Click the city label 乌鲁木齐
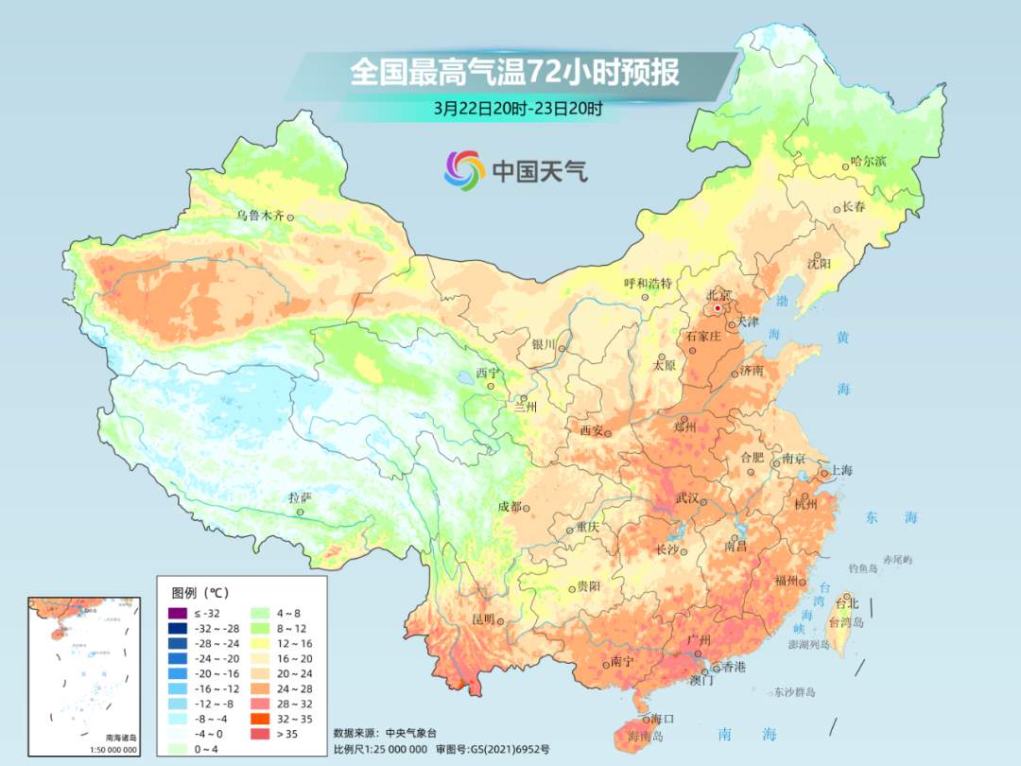(x=260, y=216)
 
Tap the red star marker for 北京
(x=718, y=308)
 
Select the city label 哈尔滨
(x=868, y=162)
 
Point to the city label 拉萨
(x=300, y=497)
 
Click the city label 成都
(x=510, y=507)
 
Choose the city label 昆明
(x=483, y=619)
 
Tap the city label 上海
(x=840, y=471)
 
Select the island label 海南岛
(x=645, y=737)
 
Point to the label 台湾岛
(x=846, y=623)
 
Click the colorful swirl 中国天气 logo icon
(x=464, y=170)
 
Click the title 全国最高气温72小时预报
(x=514, y=73)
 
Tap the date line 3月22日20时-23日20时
(x=518, y=108)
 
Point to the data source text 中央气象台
(x=413, y=733)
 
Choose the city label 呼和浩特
(x=648, y=283)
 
